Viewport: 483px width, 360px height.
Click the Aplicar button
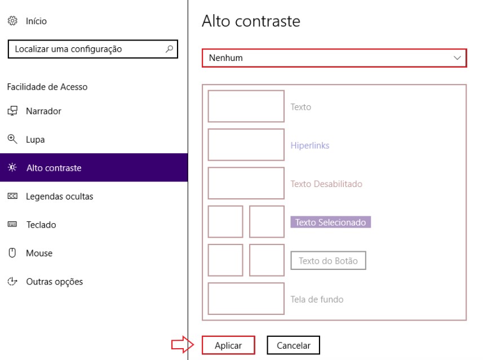[x=228, y=345]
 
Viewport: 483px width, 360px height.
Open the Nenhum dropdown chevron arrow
[x=457, y=58]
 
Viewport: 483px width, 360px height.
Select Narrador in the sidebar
[x=43, y=111]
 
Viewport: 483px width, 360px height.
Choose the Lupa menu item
[x=35, y=139]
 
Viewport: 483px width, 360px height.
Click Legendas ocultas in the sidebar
[x=59, y=197]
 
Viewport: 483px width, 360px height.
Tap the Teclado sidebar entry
[x=41, y=225]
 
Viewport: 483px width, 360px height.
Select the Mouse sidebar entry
[x=39, y=253]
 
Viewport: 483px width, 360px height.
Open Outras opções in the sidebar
[x=54, y=282]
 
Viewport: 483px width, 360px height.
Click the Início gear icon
[x=12, y=21]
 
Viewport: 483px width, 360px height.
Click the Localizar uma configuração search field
[x=85, y=50]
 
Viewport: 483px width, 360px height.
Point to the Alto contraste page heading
[x=251, y=21]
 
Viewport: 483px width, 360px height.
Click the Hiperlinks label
[x=310, y=145]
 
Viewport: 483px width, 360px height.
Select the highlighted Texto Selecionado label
[x=330, y=223]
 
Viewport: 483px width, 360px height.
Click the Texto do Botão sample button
[x=328, y=261]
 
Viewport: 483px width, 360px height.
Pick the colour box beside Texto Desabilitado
[x=246, y=183]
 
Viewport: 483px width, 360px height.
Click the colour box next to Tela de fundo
[x=246, y=299]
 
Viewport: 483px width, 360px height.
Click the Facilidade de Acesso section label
[x=47, y=87]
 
